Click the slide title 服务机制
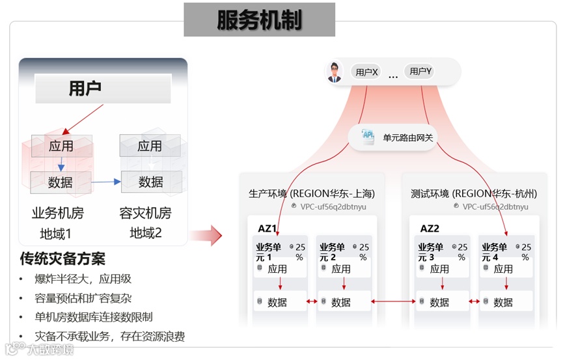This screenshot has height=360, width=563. coord(259,20)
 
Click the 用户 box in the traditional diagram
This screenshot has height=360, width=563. coord(102,89)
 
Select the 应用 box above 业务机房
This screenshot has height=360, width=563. coord(61,146)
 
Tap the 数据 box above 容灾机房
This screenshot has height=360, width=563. coord(151,182)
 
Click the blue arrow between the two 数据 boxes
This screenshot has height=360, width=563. coord(106,182)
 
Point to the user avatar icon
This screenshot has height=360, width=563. coord(335,72)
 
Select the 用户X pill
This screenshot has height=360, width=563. coord(366,72)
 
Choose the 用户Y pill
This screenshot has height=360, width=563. coord(420,72)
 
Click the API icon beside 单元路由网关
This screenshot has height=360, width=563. coord(368,135)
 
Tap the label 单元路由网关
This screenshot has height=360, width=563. coord(407,137)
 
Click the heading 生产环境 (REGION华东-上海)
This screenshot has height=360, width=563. coord(312,193)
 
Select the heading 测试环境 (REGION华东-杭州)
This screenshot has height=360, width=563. coord(474,193)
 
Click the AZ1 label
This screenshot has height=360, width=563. coord(268,228)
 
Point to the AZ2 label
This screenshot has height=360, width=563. coord(430,228)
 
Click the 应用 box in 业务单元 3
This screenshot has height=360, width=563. coord(439,268)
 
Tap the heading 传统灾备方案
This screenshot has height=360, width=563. coord(62,259)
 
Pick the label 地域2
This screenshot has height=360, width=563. coord(146,232)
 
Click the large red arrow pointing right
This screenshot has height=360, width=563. coord(208,235)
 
